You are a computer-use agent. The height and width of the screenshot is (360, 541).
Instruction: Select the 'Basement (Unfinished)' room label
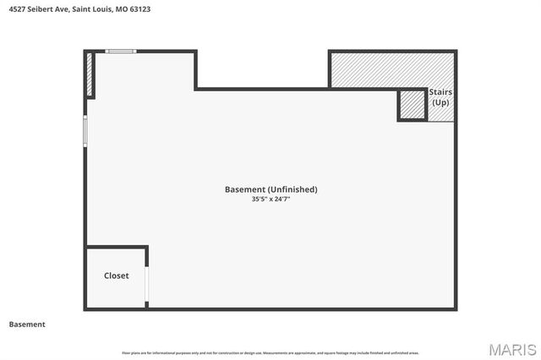pyautogui.click(x=270, y=189)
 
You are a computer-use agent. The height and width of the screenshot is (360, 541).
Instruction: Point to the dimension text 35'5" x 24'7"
pyautogui.click(x=270, y=199)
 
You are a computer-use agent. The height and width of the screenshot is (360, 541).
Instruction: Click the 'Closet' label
pyautogui.click(x=117, y=275)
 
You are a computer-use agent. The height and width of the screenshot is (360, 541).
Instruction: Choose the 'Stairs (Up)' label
pyautogui.click(x=440, y=96)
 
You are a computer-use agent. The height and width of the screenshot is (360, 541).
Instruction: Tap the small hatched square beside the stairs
pyautogui.click(x=412, y=106)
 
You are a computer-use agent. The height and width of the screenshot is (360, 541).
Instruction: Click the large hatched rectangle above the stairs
pyautogui.click(x=392, y=68)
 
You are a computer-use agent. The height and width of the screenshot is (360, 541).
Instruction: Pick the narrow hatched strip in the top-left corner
pyautogui.click(x=89, y=75)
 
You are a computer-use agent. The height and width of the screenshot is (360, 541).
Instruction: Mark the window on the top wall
pyautogui.click(x=120, y=52)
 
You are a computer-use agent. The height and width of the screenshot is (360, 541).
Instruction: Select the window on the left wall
pyautogui.click(x=85, y=131)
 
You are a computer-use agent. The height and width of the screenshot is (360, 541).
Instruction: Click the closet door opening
pyautogui.click(x=147, y=285)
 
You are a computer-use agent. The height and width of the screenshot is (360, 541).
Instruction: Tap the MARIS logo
pyautogui.click(x=512, y=348)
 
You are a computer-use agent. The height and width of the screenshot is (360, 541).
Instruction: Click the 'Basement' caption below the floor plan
pyautogui.click(x=27, y=324)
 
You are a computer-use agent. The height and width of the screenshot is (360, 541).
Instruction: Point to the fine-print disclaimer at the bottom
pyautogui.click(x=270, y=352)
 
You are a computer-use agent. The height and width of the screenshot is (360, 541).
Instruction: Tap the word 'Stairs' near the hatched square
pyautogui.click(x=440, y=91)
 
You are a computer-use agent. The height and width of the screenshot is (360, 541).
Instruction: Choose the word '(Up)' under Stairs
pyautogui.click(x=440, y=102)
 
